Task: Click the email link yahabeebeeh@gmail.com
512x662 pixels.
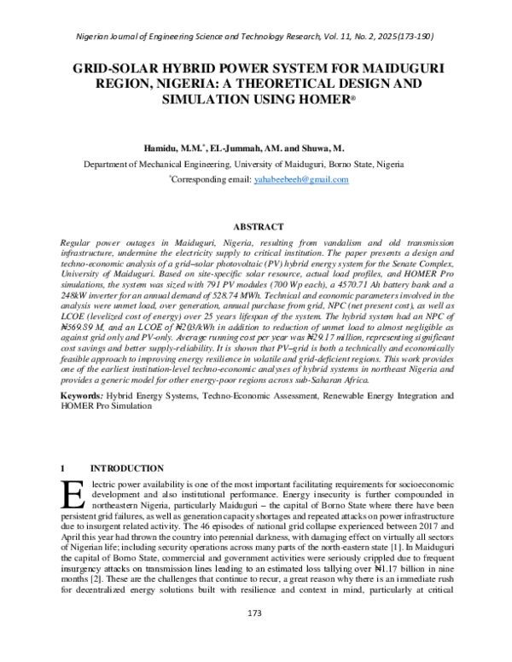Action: click(x=302, y=180)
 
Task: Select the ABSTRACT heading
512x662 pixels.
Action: click(x=257, y=227)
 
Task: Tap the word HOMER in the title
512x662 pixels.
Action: click(x=329, y=99)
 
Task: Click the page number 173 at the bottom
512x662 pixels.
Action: click(x=253, y=637)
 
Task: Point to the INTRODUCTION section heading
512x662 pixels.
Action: click(x=127, y=468)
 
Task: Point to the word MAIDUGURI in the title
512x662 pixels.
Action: click(x=400, y=67)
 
